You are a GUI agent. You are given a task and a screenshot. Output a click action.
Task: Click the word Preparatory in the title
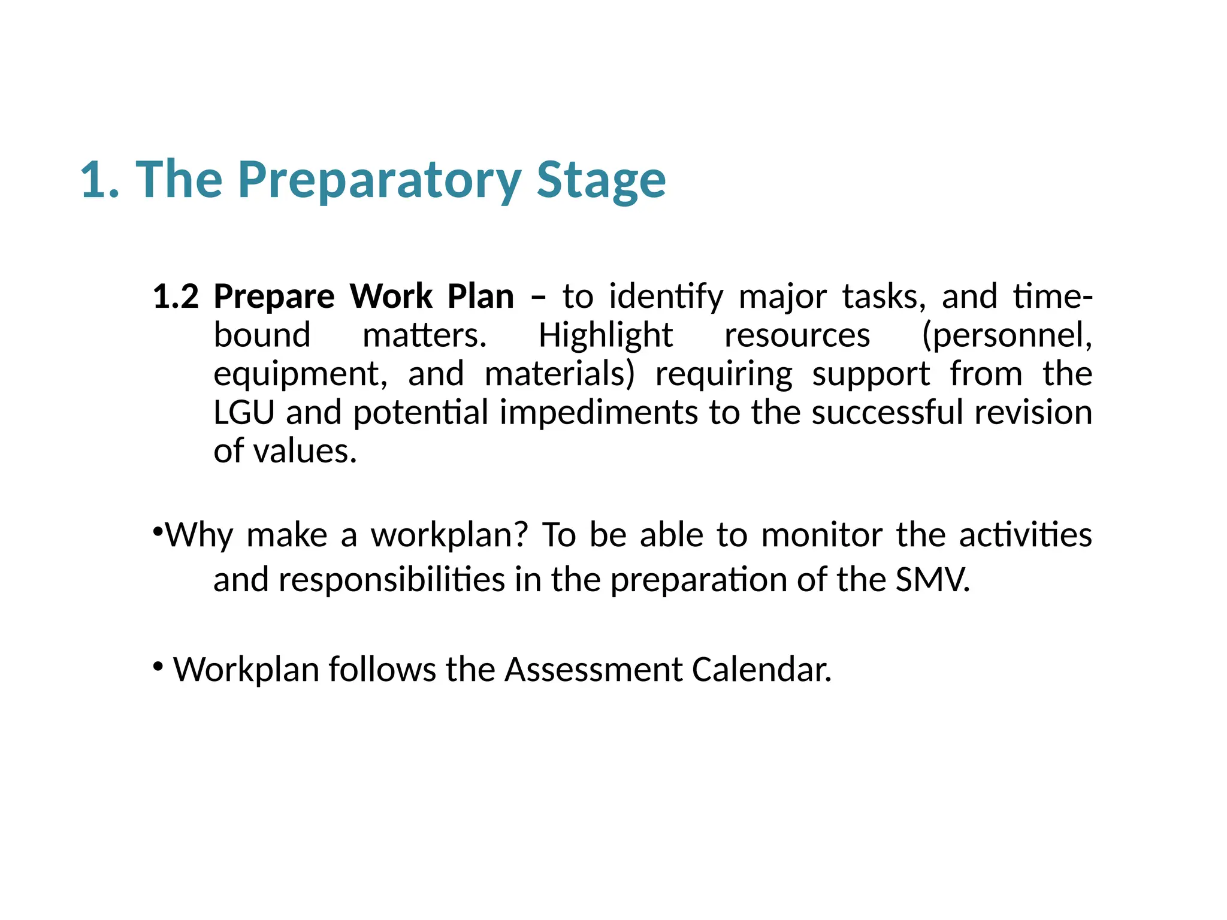[x=379, y=180]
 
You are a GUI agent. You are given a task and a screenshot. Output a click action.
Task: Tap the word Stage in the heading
[x=601, y=180]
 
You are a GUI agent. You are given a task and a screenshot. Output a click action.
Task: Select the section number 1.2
[x=176, y=296]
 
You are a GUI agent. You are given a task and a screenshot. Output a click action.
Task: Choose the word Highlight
[x=606, y=336]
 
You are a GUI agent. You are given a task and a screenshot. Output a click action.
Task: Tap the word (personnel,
[x=1007, y=336]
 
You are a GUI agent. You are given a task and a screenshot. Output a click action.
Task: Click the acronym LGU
[x=244, y=413]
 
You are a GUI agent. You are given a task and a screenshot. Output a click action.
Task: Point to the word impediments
[x=599, y=414]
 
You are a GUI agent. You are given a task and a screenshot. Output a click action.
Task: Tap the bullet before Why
[x=158, y=531]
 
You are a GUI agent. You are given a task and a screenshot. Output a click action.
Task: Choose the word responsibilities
[x=392, y=580]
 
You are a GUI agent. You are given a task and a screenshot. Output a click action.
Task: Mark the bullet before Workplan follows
[x=158, y=665]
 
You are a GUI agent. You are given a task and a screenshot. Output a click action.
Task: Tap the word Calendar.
[x=761, y=669]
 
